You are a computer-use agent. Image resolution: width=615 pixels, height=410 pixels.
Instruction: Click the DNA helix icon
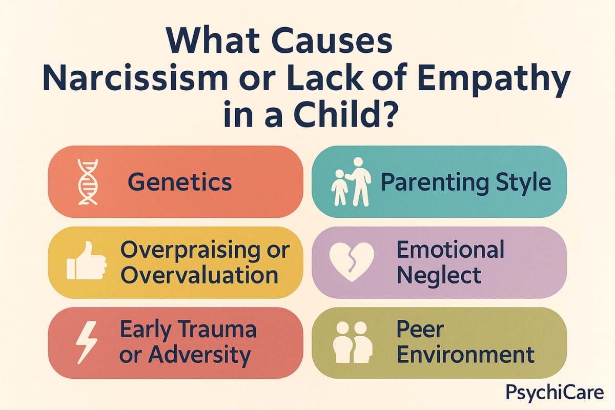point(88,182)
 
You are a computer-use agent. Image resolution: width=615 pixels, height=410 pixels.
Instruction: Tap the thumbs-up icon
point(86,261)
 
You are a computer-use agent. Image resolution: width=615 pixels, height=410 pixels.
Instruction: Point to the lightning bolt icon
point(87,342)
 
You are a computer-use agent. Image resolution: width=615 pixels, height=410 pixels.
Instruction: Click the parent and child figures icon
point(351,182)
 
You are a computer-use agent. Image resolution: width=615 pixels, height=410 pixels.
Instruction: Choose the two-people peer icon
point(353,342)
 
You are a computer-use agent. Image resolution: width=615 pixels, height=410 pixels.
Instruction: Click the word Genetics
point(180,182)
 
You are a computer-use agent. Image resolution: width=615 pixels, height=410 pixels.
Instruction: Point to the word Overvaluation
point(199,275)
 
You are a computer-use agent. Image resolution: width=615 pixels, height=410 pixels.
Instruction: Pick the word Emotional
point(450,250)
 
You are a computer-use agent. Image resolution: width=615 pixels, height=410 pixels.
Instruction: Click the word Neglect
point(439,276)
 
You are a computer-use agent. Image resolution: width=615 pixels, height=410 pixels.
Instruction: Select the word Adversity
point(199,356)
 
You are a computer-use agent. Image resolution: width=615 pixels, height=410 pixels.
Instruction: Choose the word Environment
point(466,355)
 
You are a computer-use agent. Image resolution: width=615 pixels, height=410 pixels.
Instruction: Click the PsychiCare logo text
point(555,393)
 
